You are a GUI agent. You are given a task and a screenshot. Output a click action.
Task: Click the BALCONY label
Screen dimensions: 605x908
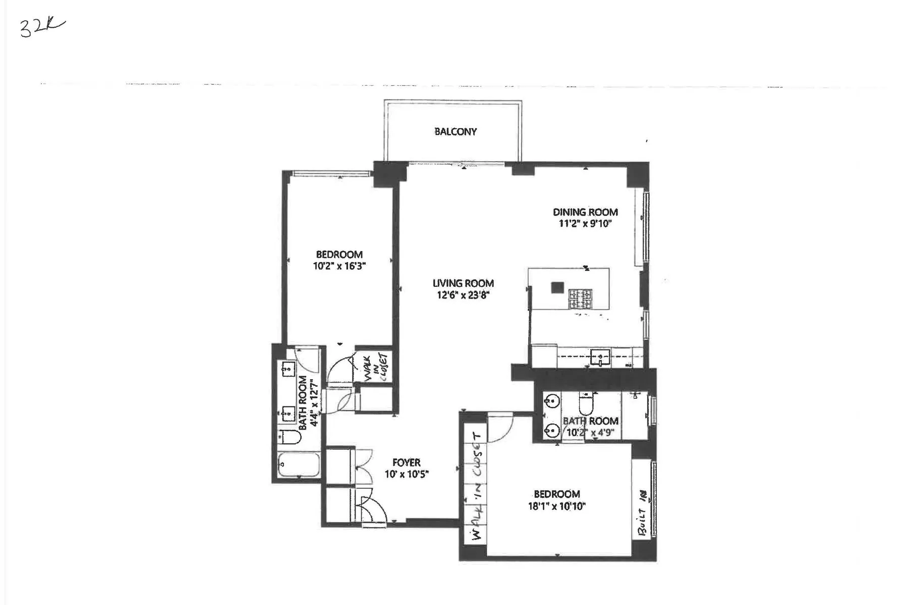click(x=455, y=132)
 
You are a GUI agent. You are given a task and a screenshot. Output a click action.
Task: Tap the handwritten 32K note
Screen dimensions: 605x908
click(x=42, y=28)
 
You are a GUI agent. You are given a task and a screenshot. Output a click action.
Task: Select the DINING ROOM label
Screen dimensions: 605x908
click(x=585, y=212)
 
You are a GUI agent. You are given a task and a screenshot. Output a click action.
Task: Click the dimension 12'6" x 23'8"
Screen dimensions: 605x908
click(x=463, y=295)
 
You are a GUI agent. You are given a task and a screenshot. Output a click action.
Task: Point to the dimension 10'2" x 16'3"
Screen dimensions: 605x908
click(x=339, y=266)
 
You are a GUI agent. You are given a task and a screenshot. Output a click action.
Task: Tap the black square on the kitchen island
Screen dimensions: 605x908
click(x=557, y=287)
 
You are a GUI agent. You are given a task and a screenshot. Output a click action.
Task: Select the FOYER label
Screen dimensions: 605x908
click(x=406, y=462)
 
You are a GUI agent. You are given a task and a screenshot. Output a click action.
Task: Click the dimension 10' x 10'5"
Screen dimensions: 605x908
click(x=406, y=474)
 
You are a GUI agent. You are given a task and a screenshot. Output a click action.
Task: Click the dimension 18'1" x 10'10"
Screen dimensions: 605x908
click(x=556, y=506)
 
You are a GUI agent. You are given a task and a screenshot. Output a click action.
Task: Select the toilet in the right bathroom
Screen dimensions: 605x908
click(x=586, y=404)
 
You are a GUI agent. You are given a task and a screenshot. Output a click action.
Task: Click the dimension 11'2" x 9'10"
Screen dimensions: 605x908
click(x=585, y=224)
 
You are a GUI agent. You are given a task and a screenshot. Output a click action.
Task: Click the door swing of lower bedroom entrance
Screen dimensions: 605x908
click(x=500, y=428)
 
